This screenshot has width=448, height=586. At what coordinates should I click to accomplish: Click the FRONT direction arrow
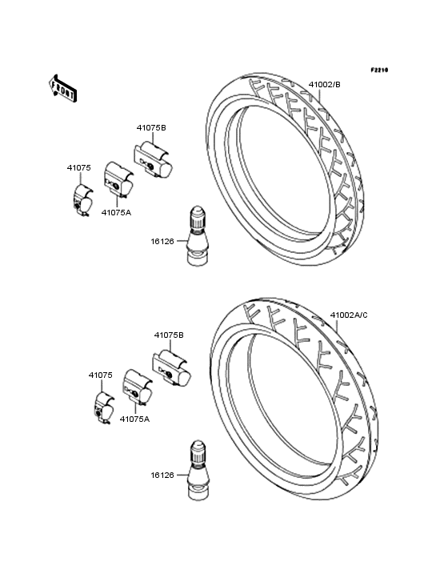tap(62, 89)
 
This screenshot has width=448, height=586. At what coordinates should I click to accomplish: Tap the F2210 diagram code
tap(379, 70)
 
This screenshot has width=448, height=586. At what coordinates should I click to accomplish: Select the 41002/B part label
tap(325, 85)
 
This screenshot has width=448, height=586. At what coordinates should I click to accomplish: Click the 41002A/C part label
tap(349, 315)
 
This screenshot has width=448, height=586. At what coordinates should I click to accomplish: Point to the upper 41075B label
tap(151, 128)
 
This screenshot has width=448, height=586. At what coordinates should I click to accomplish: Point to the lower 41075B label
tap(169, 335)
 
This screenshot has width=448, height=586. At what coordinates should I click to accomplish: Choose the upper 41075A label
tap(117, 213)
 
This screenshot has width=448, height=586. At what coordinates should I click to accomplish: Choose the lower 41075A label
tap(134, 419)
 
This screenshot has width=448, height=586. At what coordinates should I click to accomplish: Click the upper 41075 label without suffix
tap(78, 168)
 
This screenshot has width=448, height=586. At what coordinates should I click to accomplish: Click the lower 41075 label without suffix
tap(101, 375)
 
